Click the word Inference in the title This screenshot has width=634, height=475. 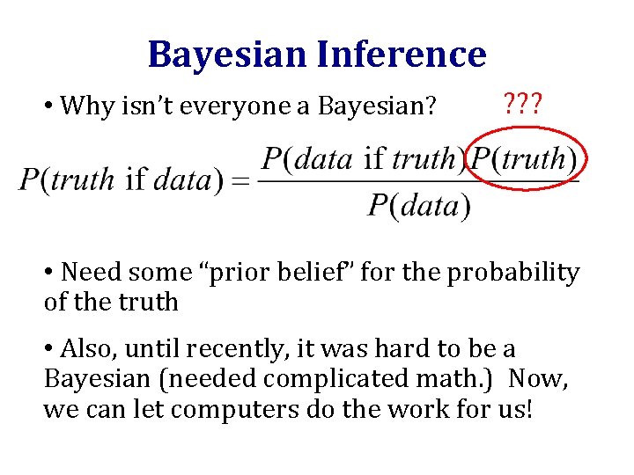[x=400, y=55]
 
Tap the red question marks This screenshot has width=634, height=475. [x=523, y=107]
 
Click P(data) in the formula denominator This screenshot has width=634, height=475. [x=419, y=206]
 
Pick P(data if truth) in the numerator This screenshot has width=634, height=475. [x=362, y=159]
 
